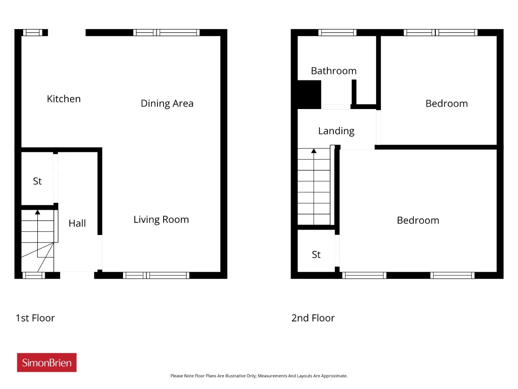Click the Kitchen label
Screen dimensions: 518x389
[64, 99]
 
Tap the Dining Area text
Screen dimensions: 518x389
[167, 103]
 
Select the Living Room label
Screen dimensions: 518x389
[161, 220]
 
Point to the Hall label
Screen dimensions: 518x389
[77, 223]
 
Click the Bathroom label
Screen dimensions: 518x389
[334, 71]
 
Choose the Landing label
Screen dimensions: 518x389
[336, 131]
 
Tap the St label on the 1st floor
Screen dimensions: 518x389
[37, 182]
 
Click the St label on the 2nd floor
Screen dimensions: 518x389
[316, 254]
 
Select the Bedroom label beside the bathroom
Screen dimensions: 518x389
[447, 103]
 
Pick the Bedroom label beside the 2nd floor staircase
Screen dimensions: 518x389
[418, 220]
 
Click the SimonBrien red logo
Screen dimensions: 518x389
[47, 362]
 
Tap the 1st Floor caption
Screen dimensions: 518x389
[35, 318]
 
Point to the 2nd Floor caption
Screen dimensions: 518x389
[313, 318]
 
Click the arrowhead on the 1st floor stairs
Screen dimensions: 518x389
[38, 212]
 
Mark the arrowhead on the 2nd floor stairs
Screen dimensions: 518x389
[314, 151]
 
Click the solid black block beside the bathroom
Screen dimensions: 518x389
[309, 94]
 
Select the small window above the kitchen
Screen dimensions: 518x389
[32, 32]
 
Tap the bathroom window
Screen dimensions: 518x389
[338, 32]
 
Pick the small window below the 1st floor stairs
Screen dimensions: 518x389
[34, 276]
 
